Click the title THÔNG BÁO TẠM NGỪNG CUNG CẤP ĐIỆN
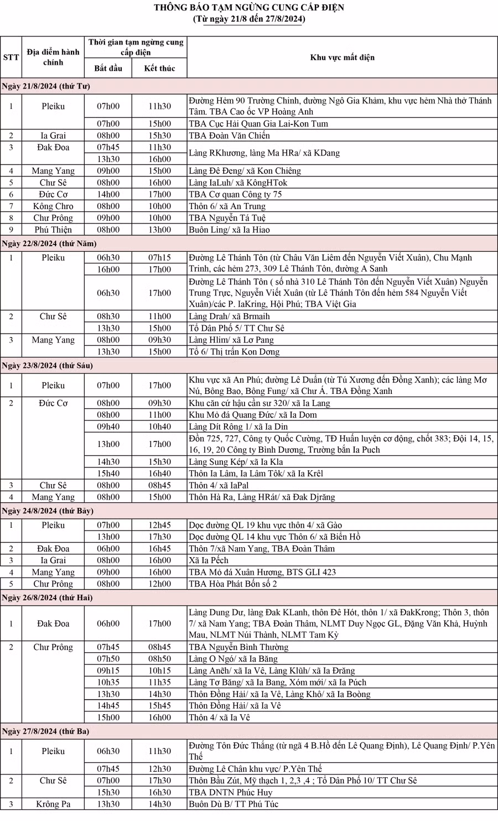click(249, 7)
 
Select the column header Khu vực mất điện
click(342, 57)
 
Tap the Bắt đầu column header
click(108, 68)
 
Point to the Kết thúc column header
click(159, 68)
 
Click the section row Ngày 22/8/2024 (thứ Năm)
click(49, 243)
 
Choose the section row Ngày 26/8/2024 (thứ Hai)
click(47, 597)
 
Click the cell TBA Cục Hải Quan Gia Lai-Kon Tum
click(258, 124)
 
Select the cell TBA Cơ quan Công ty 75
click(235, 194)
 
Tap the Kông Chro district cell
click(53, 206)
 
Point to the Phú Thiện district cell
click(53, 230)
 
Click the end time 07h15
click(159, 258)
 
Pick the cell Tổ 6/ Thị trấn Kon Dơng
click(234, 352)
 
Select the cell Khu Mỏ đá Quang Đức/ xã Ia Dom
click(253, 415)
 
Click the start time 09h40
click(108, 427)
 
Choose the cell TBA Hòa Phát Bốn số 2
click(233, 584)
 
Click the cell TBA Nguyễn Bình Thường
click(238, 647)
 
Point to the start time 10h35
click(108, 683)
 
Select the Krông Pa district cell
click(53, 804)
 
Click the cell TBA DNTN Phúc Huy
click(231, 792)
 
